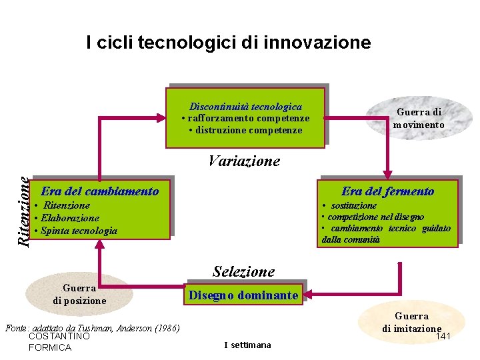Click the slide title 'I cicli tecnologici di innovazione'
coord(228,43)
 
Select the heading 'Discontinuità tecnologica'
coord(245,107)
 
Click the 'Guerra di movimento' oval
coord(419,119)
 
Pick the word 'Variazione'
coord(244,161)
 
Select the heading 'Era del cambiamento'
coord(100,191)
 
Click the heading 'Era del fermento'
coord(388,191)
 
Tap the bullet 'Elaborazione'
coord(69,218)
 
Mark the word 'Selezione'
coord(243,271)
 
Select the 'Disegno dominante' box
coord(243,295)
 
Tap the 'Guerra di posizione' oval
coord(79,294)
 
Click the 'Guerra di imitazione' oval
coord(411,322)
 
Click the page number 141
coord(443,336)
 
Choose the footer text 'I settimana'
coord(247,345)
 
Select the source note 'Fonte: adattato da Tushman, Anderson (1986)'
coord(93,328)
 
